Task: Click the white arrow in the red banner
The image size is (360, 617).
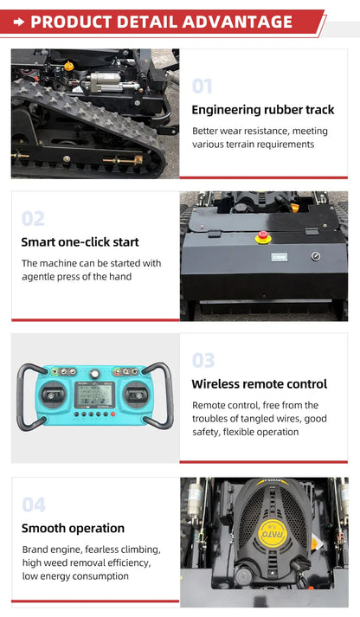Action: [19, 22]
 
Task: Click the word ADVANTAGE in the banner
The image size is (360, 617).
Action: [237, 22]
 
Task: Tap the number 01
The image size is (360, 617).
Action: [202, 87]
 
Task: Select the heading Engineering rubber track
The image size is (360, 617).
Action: [263, 110]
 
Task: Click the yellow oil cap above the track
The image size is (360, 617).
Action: [69, 66]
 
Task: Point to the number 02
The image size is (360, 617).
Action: [33, 218]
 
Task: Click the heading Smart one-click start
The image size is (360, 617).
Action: [80, 242]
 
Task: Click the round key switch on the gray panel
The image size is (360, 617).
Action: [316, 256]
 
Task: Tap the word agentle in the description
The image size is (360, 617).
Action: [38, 277]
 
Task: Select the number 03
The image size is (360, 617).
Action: [203, 360]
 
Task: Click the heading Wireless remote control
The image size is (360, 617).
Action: [260, 384]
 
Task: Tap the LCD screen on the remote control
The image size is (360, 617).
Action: [95, 395]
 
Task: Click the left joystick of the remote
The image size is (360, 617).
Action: [54, 395]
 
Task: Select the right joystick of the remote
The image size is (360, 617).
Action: [136, 395]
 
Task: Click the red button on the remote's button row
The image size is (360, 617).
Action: [112, 414]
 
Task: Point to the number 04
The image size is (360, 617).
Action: [34, 505]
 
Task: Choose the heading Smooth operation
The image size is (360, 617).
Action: [73, 528]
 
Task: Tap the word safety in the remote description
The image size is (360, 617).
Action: [206, 432]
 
